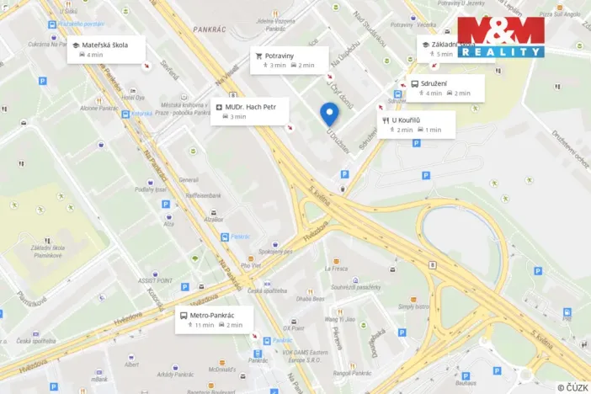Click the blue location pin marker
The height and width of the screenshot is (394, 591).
tap(329, 113)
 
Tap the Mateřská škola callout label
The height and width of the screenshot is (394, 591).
tap(105, 49)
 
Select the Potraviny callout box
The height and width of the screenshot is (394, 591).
tap(285, 60)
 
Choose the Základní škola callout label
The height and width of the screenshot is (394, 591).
tap(450, 48)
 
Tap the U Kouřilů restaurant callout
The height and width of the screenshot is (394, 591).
tap(417, 125)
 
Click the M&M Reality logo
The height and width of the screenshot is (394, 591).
tap(501, 36)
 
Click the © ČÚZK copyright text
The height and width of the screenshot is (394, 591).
tap(572, 387)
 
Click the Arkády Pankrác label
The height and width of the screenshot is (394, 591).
tap(171, 374)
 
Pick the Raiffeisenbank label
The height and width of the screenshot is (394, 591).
tap(204, 195)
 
